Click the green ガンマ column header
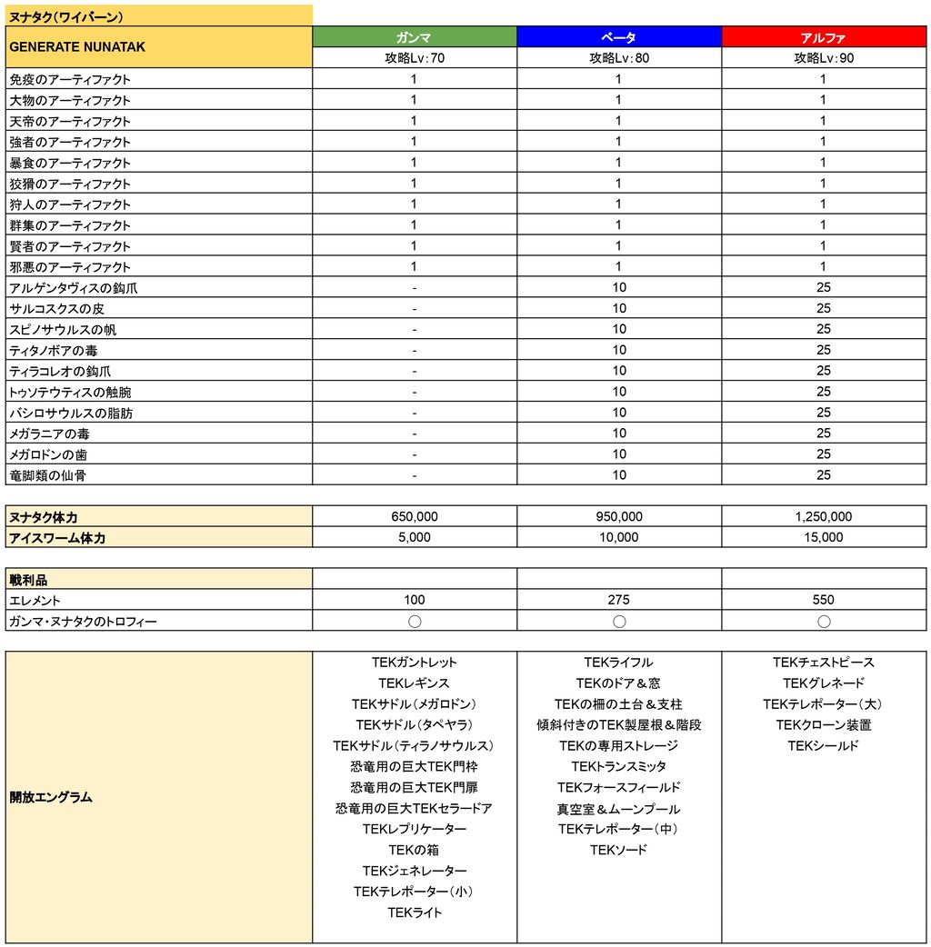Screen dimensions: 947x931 tap(415, 37)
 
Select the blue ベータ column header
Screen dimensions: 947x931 tap(618, 37)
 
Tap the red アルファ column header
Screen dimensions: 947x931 tap(823, 37)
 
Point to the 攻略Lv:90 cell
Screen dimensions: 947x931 tap(823, 58)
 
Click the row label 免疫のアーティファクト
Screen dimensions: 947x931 tap(70, 79)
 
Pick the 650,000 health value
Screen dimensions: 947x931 tap(415, 516)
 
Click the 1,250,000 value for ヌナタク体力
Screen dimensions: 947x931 tap(823, 516)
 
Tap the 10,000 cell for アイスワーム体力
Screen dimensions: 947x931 tap(618, 537)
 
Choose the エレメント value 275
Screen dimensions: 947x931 tap(618, 600)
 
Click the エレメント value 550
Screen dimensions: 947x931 tap(823, 600)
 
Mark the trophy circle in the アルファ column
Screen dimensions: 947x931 tap(823, 622)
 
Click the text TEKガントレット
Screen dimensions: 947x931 tap(415, 663)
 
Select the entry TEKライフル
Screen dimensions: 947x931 tap(618, 663)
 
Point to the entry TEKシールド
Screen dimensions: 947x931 tap(823, 746)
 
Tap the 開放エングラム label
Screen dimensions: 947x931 tap(51, 797)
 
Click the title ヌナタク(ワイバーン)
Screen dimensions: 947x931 tap(66, 16)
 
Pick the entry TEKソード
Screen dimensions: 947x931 tap(618, 850)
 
